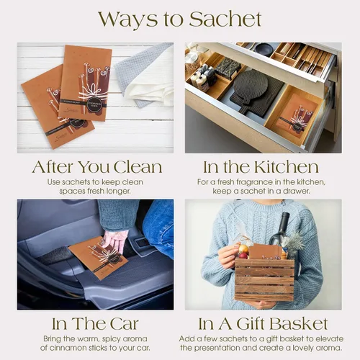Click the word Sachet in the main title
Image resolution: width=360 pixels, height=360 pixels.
tap(225, 19)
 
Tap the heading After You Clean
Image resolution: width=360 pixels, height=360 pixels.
tap(97, 167)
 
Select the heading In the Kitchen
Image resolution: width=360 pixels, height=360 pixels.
tap(261, 167)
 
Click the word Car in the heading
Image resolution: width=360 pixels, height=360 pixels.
tap(125, 324)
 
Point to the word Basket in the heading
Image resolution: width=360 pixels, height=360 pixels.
tap(299, 324)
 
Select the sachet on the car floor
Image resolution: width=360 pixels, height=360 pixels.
tap(99, 258)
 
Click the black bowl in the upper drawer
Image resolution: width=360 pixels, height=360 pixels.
tap(264, 49)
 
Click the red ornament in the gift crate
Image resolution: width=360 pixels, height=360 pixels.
tap(243, 256)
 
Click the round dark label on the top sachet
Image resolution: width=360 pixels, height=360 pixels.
tap(94, 104)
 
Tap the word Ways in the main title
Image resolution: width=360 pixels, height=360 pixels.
tap(128, 19)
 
